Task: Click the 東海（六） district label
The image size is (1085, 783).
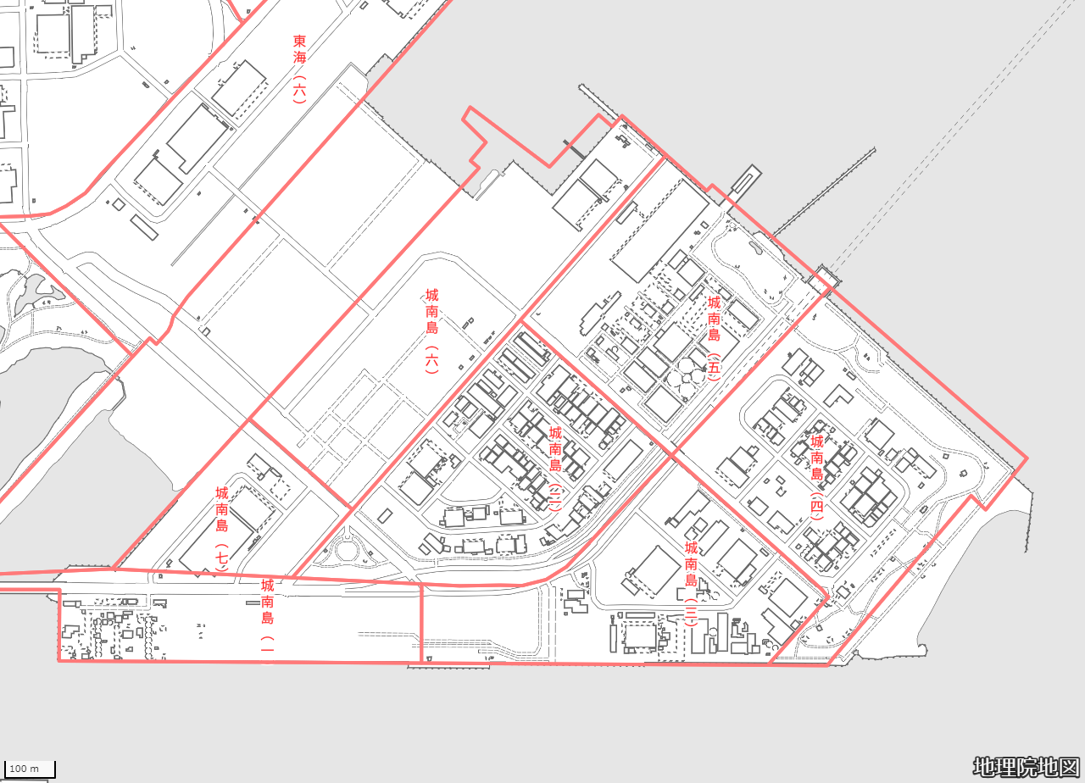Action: (300, 69)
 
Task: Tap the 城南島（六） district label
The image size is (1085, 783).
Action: (432, 331)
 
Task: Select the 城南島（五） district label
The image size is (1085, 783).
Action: (714, 338)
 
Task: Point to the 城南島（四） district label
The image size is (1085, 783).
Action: (816, 477)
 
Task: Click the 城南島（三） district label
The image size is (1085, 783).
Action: (691, 584)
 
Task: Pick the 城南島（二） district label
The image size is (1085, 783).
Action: (555, 469)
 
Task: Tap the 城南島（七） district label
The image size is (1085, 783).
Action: (222, 530)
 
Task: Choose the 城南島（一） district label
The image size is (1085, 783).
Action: (267, 615)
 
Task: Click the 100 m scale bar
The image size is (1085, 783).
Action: (28, 769)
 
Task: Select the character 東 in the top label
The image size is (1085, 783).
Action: (300, 41)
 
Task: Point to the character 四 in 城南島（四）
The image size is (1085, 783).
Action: (816, 507)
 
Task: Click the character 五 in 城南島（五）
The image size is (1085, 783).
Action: (714, 368)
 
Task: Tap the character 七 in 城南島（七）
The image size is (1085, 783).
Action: (222, 558)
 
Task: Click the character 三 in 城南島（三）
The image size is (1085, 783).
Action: (691, 613)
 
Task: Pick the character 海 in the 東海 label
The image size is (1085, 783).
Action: (300, 57)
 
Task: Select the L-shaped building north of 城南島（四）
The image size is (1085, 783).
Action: (838, 396)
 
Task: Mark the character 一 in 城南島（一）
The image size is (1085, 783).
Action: (267, 642)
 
